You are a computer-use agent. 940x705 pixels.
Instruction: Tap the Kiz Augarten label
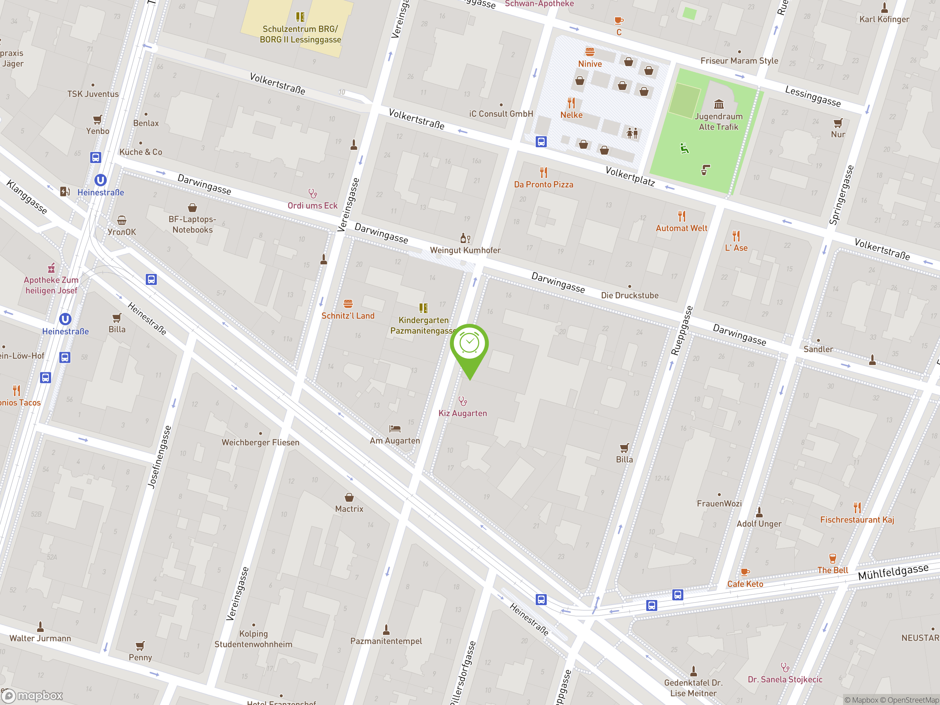pyautogui.click(x=462, y=413)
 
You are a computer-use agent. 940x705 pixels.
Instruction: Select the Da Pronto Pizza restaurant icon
pyautogui.click(x=543, y=173)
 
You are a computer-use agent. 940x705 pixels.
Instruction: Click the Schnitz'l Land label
pyautogui.click(x=348, y=316)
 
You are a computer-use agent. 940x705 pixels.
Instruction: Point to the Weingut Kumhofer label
pyautogui.click(x=465, y=250)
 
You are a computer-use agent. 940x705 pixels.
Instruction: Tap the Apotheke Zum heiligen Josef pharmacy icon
pyautogui.click(x=51, y=268)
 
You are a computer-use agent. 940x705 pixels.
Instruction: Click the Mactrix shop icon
pyautogui.click(x=349, y=497)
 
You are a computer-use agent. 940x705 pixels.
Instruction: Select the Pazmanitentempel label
pyautogui.click(x=386, y=641)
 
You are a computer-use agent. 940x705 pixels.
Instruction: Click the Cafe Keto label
pyautogui.click(x=745, y=584)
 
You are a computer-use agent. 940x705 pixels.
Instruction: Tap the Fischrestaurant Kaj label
pyautogui.click(x=857, y=520)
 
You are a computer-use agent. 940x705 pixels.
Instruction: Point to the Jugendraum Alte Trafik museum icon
pyautogui.click(x=719, y=104)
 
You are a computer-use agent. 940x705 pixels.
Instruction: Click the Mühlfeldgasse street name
pyautogui.click(x=893, y=572)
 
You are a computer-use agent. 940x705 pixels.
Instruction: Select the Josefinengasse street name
pyautogui.click(x=159, y=457)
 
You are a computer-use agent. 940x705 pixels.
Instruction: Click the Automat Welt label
pyautogui.click(x=681, y=228)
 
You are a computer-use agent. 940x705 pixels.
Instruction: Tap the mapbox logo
pyautogui.click(x=33, y=696)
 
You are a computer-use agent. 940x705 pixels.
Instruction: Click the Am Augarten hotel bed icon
pyautogui.click(x=395, y=429)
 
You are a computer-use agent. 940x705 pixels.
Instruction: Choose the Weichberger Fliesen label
pyautogui.click(x=260, y=442)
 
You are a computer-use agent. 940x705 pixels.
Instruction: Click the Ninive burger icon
pyautogui.click(x=590, y=52)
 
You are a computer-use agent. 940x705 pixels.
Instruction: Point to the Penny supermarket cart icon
pyautogui.click(x=140, y=646)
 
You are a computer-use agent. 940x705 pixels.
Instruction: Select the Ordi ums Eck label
pyautogui.click(x=312, y=206)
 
